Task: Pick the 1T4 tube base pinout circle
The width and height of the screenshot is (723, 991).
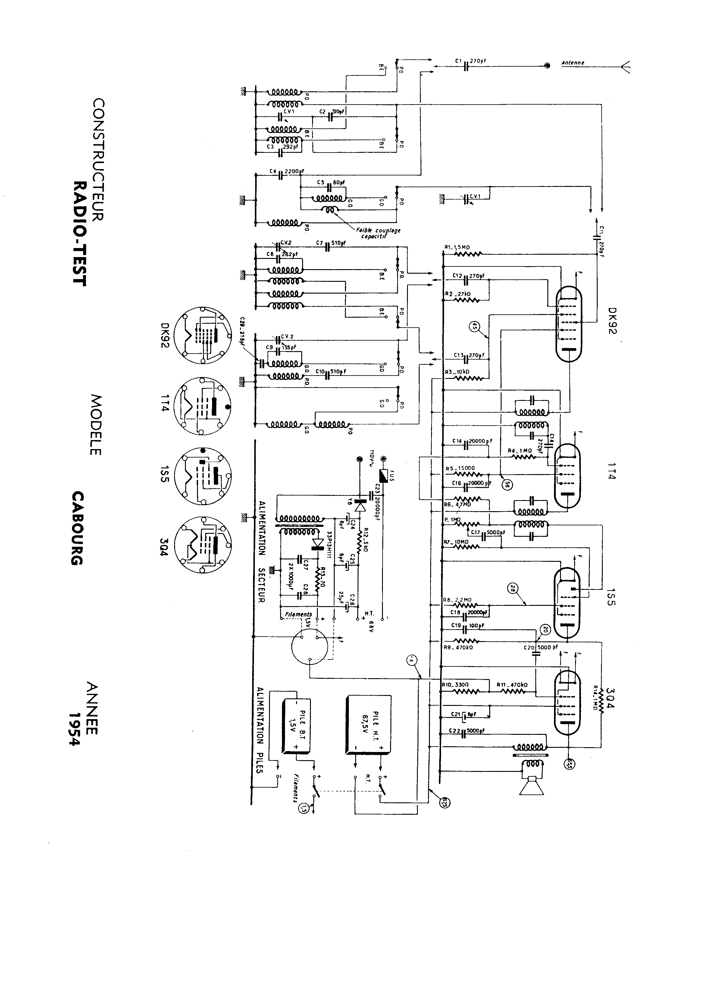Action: pyautogui.click(x=202, y=406)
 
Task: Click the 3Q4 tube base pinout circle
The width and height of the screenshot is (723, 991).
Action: pyautogui.click(x=202, y=544)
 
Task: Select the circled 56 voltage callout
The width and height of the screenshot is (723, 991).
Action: pyautogui.click(x=507, y=484)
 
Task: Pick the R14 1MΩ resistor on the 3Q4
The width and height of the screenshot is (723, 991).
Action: pyautogui.click(x=601, y=705)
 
